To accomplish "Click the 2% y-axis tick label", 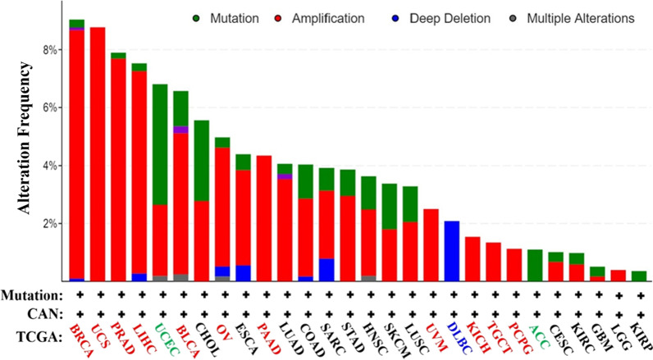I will [x=51, y=223].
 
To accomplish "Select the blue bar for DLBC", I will [x=451, y=250].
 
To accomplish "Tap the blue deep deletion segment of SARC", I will [x=326, y=270].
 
